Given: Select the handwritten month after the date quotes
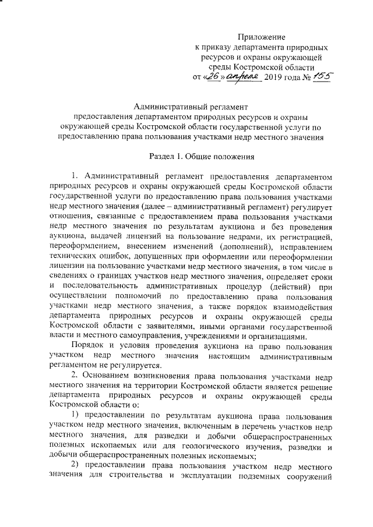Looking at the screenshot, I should tap(241, 76).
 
